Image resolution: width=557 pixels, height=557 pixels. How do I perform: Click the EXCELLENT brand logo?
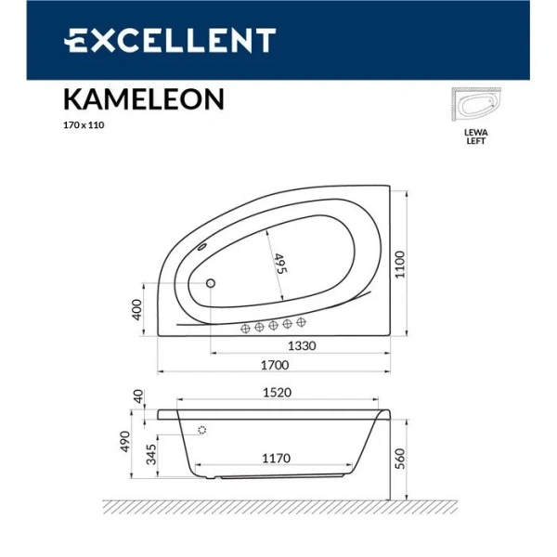169,40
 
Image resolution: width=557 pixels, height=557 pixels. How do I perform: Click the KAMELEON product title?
144,97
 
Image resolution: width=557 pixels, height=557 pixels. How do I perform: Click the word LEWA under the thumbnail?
475,133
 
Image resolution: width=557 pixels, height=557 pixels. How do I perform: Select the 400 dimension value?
137,309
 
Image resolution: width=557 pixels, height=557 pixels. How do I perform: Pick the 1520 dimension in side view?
275,394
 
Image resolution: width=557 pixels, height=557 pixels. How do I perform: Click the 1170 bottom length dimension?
276,458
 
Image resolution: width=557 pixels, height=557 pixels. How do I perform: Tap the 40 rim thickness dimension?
137,396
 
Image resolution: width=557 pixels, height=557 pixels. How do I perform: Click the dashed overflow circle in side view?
202,430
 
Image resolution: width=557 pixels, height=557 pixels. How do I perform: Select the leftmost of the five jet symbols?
246,327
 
